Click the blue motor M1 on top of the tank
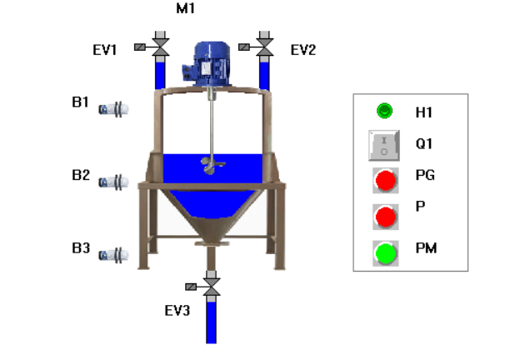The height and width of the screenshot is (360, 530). coord(212,62)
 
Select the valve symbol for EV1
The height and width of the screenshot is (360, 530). coord(159,44)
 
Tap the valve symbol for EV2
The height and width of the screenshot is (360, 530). coord(264,44)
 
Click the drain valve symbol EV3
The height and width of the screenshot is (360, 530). coord(212,287)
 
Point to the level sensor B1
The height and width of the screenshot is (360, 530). coord(112,108)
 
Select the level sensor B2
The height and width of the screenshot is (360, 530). coord(112,181)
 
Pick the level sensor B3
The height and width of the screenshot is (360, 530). coord(112,254)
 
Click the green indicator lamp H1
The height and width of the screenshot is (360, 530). coord(384,110)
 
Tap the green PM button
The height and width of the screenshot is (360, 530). coord(385,252)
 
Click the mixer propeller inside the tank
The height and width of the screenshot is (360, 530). coord(213,165)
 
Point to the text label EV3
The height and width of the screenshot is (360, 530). coord(177,312)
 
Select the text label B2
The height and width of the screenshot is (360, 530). coord(81,175)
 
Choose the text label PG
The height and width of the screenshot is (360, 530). coord(425,175)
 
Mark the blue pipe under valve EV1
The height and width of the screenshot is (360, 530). coord(159,73)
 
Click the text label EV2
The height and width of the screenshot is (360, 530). coord(302,50)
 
